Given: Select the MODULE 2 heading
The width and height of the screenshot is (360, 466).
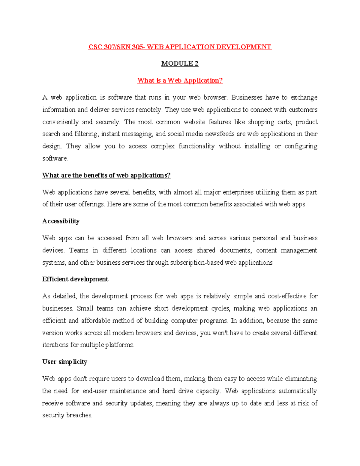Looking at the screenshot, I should pyautogui.click(x=180, y=64).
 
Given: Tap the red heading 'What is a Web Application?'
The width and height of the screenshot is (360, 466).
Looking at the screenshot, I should pyautogui.click(x=180, y=80).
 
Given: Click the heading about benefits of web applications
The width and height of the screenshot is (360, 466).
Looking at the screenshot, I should pyautogui.click(x=106, y=175).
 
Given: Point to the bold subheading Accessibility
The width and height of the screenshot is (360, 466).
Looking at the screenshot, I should pyautogui.click(x=61, y=221).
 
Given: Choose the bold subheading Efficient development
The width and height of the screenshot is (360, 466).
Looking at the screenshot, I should pyautogui.click(x=75, y=279).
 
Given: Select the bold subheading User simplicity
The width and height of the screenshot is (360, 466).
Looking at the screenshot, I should pyautogui.click(x=64, y=362).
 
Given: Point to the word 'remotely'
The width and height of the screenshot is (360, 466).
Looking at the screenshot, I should pyautogui.click(x=149, y=110).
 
